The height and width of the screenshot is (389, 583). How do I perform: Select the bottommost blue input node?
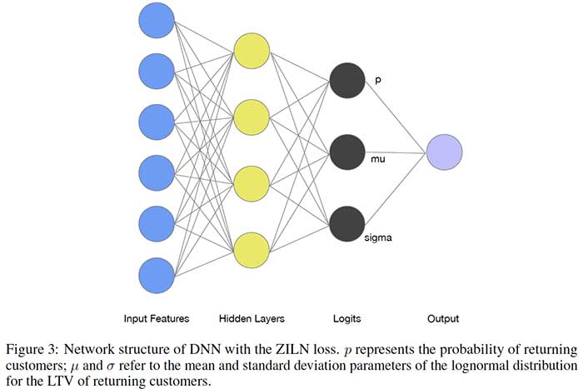tap(156, 276)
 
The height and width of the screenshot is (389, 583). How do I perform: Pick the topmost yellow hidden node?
tap(252, 51)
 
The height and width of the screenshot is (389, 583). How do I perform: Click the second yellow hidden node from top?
tap(252, 117)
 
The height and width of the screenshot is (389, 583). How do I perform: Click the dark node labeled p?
tap(347, 80)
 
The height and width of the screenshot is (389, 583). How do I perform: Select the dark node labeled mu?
tap(347, 152)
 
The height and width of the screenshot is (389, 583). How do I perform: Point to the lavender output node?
tap(443, 152)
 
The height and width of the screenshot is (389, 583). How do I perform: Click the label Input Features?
tap(156, 318)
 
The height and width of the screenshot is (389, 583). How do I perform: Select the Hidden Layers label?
tap(252, 318)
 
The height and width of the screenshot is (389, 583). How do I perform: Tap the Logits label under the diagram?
tap(347, 318)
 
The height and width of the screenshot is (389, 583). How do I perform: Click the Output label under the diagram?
tap(443, 318)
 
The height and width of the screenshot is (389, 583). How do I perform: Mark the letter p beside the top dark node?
tap(377, 81)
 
